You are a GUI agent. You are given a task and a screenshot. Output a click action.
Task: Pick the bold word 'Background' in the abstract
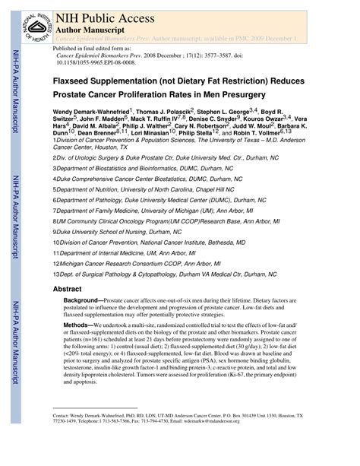point(83,302)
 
